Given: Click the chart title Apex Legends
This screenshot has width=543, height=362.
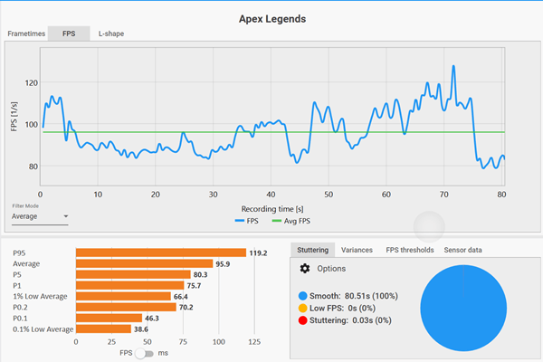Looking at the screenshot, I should coord(271,16).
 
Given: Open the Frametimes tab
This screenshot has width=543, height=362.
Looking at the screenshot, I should coord(26,33).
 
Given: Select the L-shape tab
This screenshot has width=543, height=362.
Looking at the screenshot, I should coord(111,33).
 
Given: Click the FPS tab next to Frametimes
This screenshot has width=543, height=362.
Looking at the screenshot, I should coord(70,33).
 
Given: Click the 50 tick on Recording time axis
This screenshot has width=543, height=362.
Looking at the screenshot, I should coord(329,194).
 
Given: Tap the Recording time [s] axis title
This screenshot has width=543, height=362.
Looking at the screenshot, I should coord(271,207).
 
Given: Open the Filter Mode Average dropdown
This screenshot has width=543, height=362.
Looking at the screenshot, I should coord(41,217).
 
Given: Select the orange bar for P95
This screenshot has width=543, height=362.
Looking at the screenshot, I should coord(161,252).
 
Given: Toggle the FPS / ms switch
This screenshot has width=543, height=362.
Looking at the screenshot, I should coord(144,353).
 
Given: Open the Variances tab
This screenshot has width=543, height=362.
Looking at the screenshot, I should coord(357,250).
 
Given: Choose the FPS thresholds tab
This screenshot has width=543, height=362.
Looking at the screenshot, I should coord(410,250).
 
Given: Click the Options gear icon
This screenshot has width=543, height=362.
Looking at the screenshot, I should coord(305,269).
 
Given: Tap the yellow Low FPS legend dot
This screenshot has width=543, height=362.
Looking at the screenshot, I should coord(301,309).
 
